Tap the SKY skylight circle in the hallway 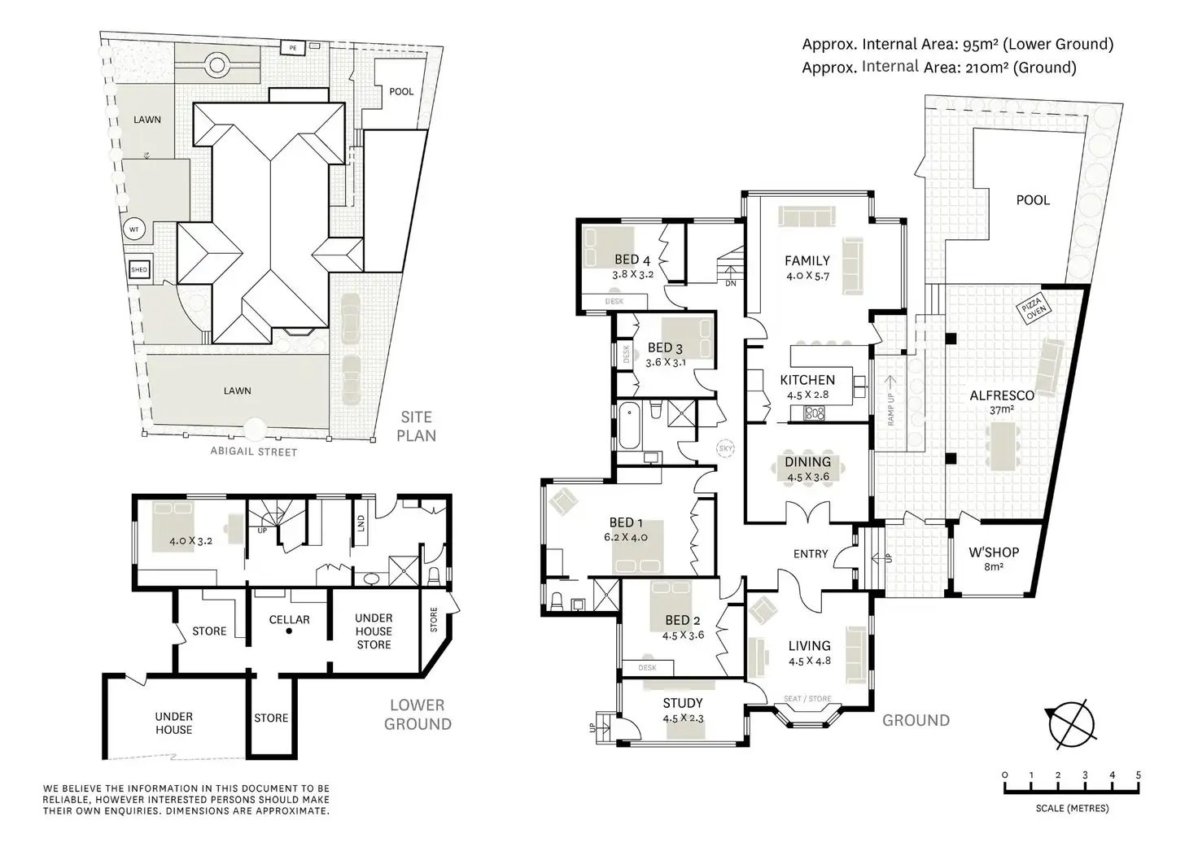725,448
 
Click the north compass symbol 1071,725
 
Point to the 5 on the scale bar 1139,775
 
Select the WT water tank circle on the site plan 133,229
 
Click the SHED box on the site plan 139,269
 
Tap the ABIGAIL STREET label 253,452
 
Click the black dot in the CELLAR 289,631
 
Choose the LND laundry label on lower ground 361,523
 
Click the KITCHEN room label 807,380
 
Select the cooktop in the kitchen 815,413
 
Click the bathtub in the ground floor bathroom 629,426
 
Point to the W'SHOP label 994,552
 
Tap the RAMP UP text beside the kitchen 890,409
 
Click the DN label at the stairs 731,283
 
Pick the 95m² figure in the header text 981,45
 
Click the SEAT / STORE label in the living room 807,699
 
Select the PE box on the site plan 292,48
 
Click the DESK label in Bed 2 647,668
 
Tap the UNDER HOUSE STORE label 374,631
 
